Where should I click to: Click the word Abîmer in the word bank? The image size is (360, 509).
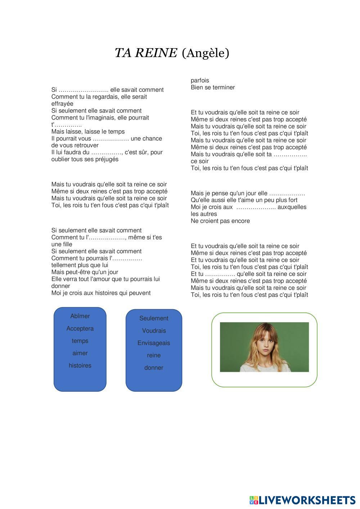click(80, 316)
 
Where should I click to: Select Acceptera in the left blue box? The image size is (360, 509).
click(80, 328)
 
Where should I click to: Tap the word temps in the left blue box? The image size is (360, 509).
click(80, 341)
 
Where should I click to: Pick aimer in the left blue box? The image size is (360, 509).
click(80, 353)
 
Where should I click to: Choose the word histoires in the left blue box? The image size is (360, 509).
click(80, 365)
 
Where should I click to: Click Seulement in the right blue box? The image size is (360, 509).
click(154, 318)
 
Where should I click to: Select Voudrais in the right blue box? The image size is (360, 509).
click(154, 330)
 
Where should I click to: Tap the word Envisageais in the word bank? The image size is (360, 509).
click(154, 343)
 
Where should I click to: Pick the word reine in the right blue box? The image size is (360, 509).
click(154, 355)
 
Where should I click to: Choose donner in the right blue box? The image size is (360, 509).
click(154, 368)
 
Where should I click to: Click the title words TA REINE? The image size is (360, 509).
click(146, 53)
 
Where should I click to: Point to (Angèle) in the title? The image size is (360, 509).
click(206, 53)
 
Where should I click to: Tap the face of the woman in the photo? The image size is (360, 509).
click(265, 340)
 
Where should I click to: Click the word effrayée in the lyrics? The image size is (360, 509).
click(62, 104)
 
